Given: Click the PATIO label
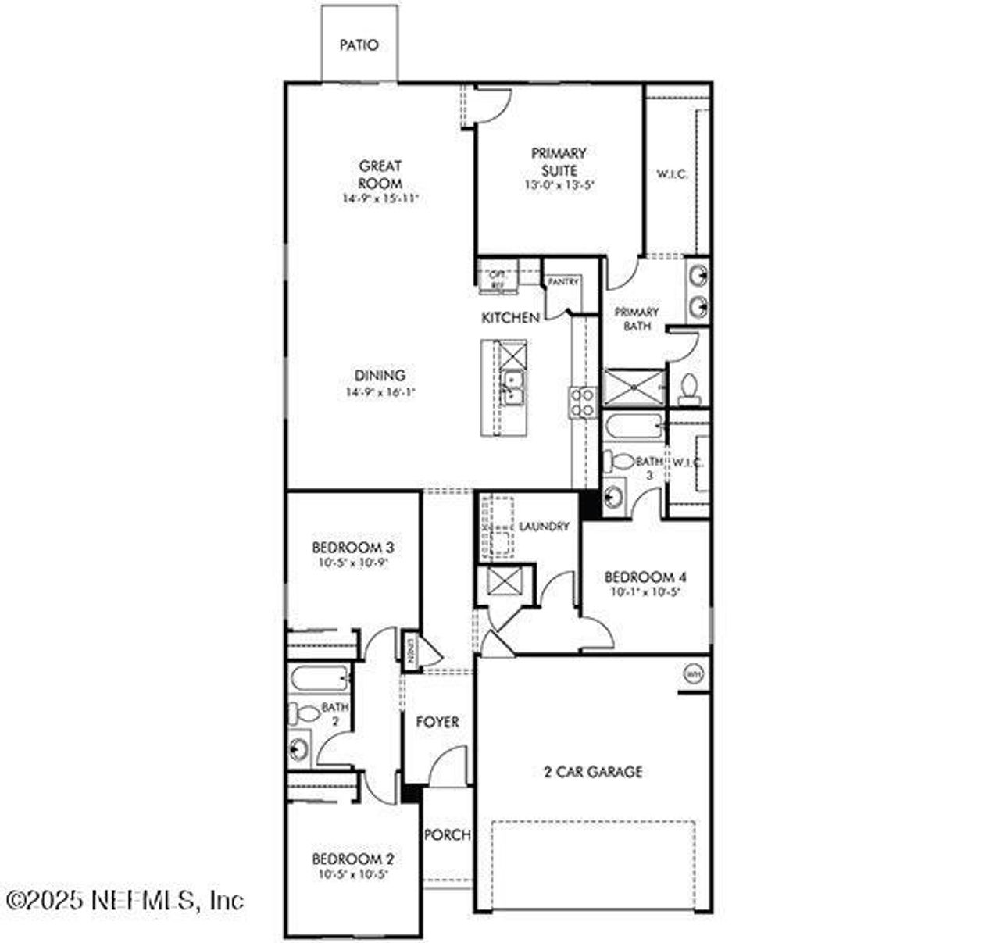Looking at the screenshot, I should pyautogui.click(x=359, y=45).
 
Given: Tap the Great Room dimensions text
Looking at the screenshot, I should pyautogui.click(x=380, y=198).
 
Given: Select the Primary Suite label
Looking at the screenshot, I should pyautogui.click(x=559, y=162).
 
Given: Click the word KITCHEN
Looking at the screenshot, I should pyautogui.click(x=509, y=318).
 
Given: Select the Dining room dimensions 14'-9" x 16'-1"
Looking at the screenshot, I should pyautogui.click(x=380, y=392).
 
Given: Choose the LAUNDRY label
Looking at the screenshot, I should pyautogui.click(x=544, y=527).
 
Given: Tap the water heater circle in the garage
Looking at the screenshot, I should pyautogui.click(x=692, y=673).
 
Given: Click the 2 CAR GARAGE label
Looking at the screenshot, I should pyautogui.click(x=593, y=772).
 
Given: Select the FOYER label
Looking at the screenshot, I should pyautogui.click(x=437, y=722).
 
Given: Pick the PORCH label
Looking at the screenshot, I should pyautogui.click(x=448, y=835).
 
